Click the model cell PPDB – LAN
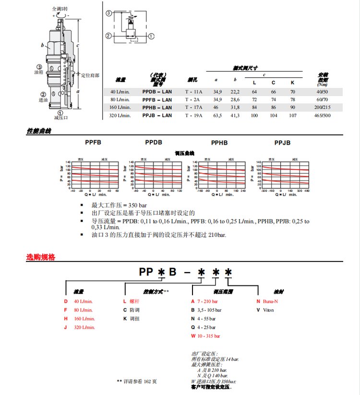(x=156, y=91)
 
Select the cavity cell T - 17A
(x=194, y=107)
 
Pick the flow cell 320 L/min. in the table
(x=120, y=115)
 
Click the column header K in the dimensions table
(x=292, y=83)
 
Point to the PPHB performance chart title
(x=219, y=143)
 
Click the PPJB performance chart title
(x=282, y=143)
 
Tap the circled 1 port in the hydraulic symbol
(x=152, y=36)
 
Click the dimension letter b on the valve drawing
(x=43, y=47)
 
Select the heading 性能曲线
(x=38, y=131)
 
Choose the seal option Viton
(x=268, y=310)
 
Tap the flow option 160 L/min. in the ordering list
(x=84, y=319)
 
